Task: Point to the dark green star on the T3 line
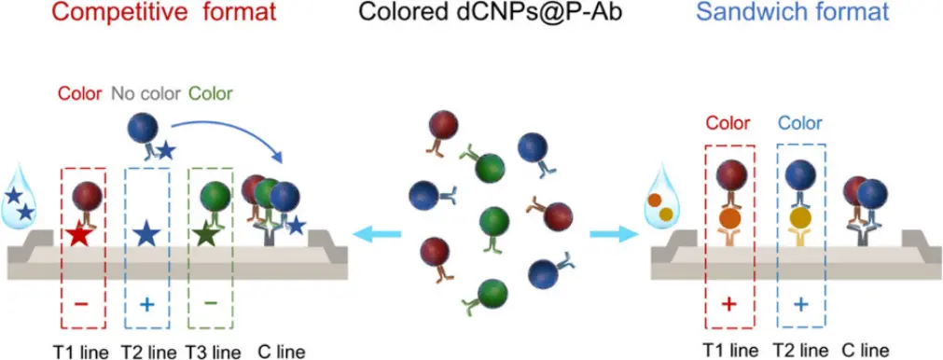tap(207, 234)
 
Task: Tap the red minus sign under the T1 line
tap(82, 304)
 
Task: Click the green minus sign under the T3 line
tap(211, 303)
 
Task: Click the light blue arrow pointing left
tap(377, 235)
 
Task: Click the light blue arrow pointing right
tap(614, 235)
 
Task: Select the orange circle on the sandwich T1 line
tap(729, 218)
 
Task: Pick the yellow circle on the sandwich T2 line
tap(800, 218)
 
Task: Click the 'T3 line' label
tap(212, 352)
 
